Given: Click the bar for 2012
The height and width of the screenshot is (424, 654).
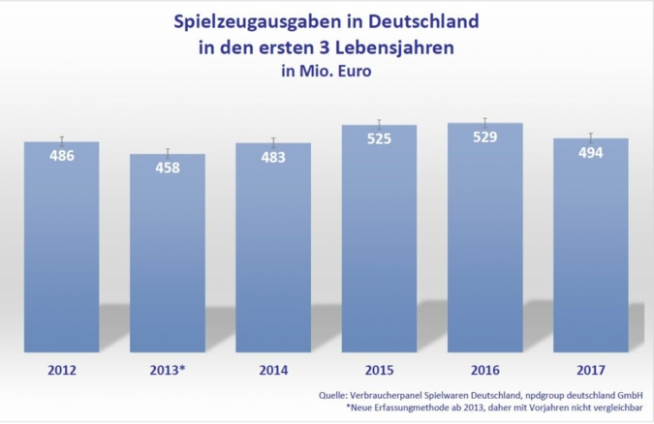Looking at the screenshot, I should point(62,247).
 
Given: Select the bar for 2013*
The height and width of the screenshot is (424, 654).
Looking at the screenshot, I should point(168,254).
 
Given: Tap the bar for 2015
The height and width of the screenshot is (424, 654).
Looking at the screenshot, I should point(379,238).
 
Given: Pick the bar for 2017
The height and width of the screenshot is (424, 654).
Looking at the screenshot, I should point(590,245).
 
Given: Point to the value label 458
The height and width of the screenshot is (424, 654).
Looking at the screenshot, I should point(168,167).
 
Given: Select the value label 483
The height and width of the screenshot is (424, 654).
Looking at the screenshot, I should point(273,157).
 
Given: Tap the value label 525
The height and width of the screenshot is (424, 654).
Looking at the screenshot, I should point(379,138).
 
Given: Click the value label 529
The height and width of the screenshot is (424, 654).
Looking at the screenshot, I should point(484,136).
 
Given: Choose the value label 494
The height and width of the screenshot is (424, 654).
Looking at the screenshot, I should point(590,152).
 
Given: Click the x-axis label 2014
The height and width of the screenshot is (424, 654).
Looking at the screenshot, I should point(273,369).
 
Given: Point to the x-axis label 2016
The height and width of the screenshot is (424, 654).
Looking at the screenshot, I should point(484,369).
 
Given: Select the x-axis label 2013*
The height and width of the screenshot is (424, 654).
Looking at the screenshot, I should point(168,369).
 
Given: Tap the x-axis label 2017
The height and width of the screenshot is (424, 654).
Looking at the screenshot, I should point(590,369).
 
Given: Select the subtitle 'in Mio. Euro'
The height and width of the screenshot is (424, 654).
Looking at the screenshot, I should point(326,69).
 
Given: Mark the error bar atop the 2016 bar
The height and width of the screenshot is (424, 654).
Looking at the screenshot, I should point(484,122).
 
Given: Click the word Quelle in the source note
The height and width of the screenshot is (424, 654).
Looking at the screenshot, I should point(335,395).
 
